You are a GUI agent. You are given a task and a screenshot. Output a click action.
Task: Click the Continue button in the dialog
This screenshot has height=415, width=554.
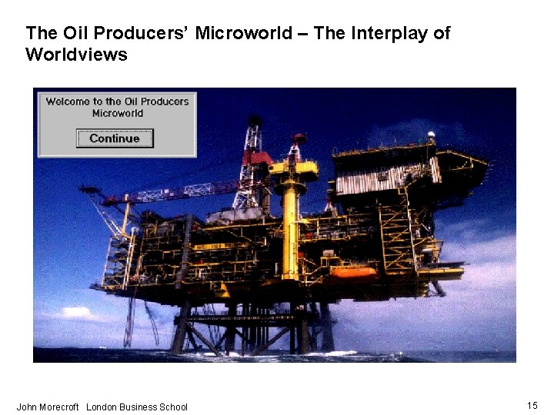[115, 138]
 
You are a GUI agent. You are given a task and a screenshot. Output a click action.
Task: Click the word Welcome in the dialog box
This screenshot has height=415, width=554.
[65, 101]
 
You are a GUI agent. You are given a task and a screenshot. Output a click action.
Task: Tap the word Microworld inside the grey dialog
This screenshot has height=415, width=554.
[117, 114]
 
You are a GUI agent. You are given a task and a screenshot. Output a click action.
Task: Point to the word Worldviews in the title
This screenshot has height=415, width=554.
[76, 55]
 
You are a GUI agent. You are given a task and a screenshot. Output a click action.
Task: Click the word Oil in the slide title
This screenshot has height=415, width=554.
[72, 33]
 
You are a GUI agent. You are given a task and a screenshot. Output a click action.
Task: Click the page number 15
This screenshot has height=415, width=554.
[532, 405]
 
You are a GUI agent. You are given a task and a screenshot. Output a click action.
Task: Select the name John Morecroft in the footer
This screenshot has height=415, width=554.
[48, 407]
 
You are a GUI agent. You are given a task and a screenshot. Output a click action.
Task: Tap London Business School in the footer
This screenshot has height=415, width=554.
[137, 407]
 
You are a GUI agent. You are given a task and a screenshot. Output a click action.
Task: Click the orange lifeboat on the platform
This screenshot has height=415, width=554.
[353, 272]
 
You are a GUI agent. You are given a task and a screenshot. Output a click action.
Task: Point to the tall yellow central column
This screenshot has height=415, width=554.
[290, 227]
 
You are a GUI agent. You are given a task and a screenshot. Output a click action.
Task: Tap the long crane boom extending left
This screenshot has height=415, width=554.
[177, 192]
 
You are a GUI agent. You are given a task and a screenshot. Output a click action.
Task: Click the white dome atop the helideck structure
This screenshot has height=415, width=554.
[431, 135]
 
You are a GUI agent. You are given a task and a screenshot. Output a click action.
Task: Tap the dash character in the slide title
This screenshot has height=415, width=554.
[305, 33]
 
